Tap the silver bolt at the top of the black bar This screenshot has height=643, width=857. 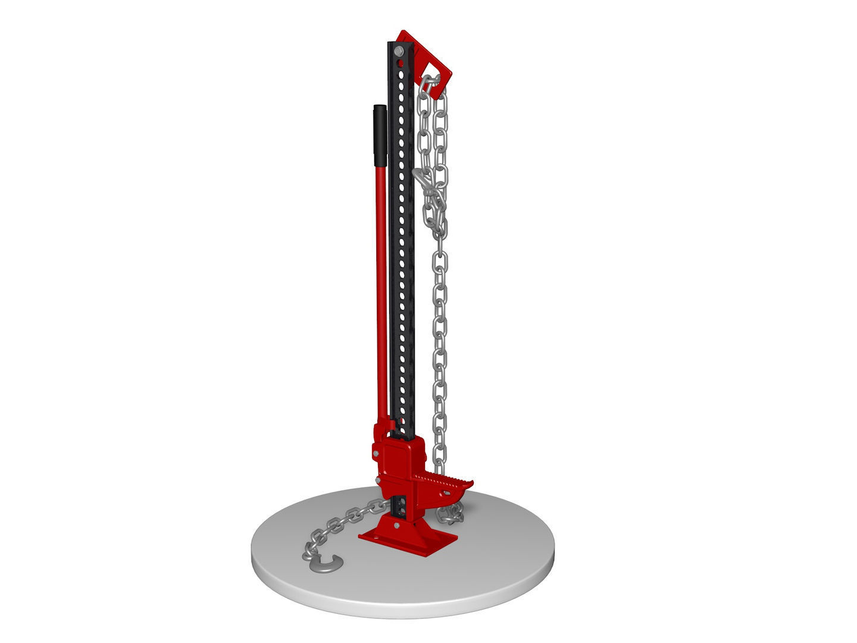[398, 52]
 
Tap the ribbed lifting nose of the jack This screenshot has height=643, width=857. [446, 479]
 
